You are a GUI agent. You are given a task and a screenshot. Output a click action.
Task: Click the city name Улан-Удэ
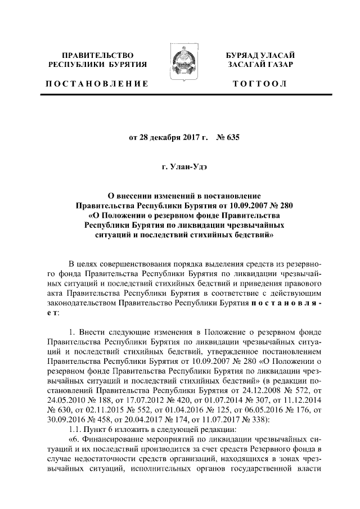[188, 167]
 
